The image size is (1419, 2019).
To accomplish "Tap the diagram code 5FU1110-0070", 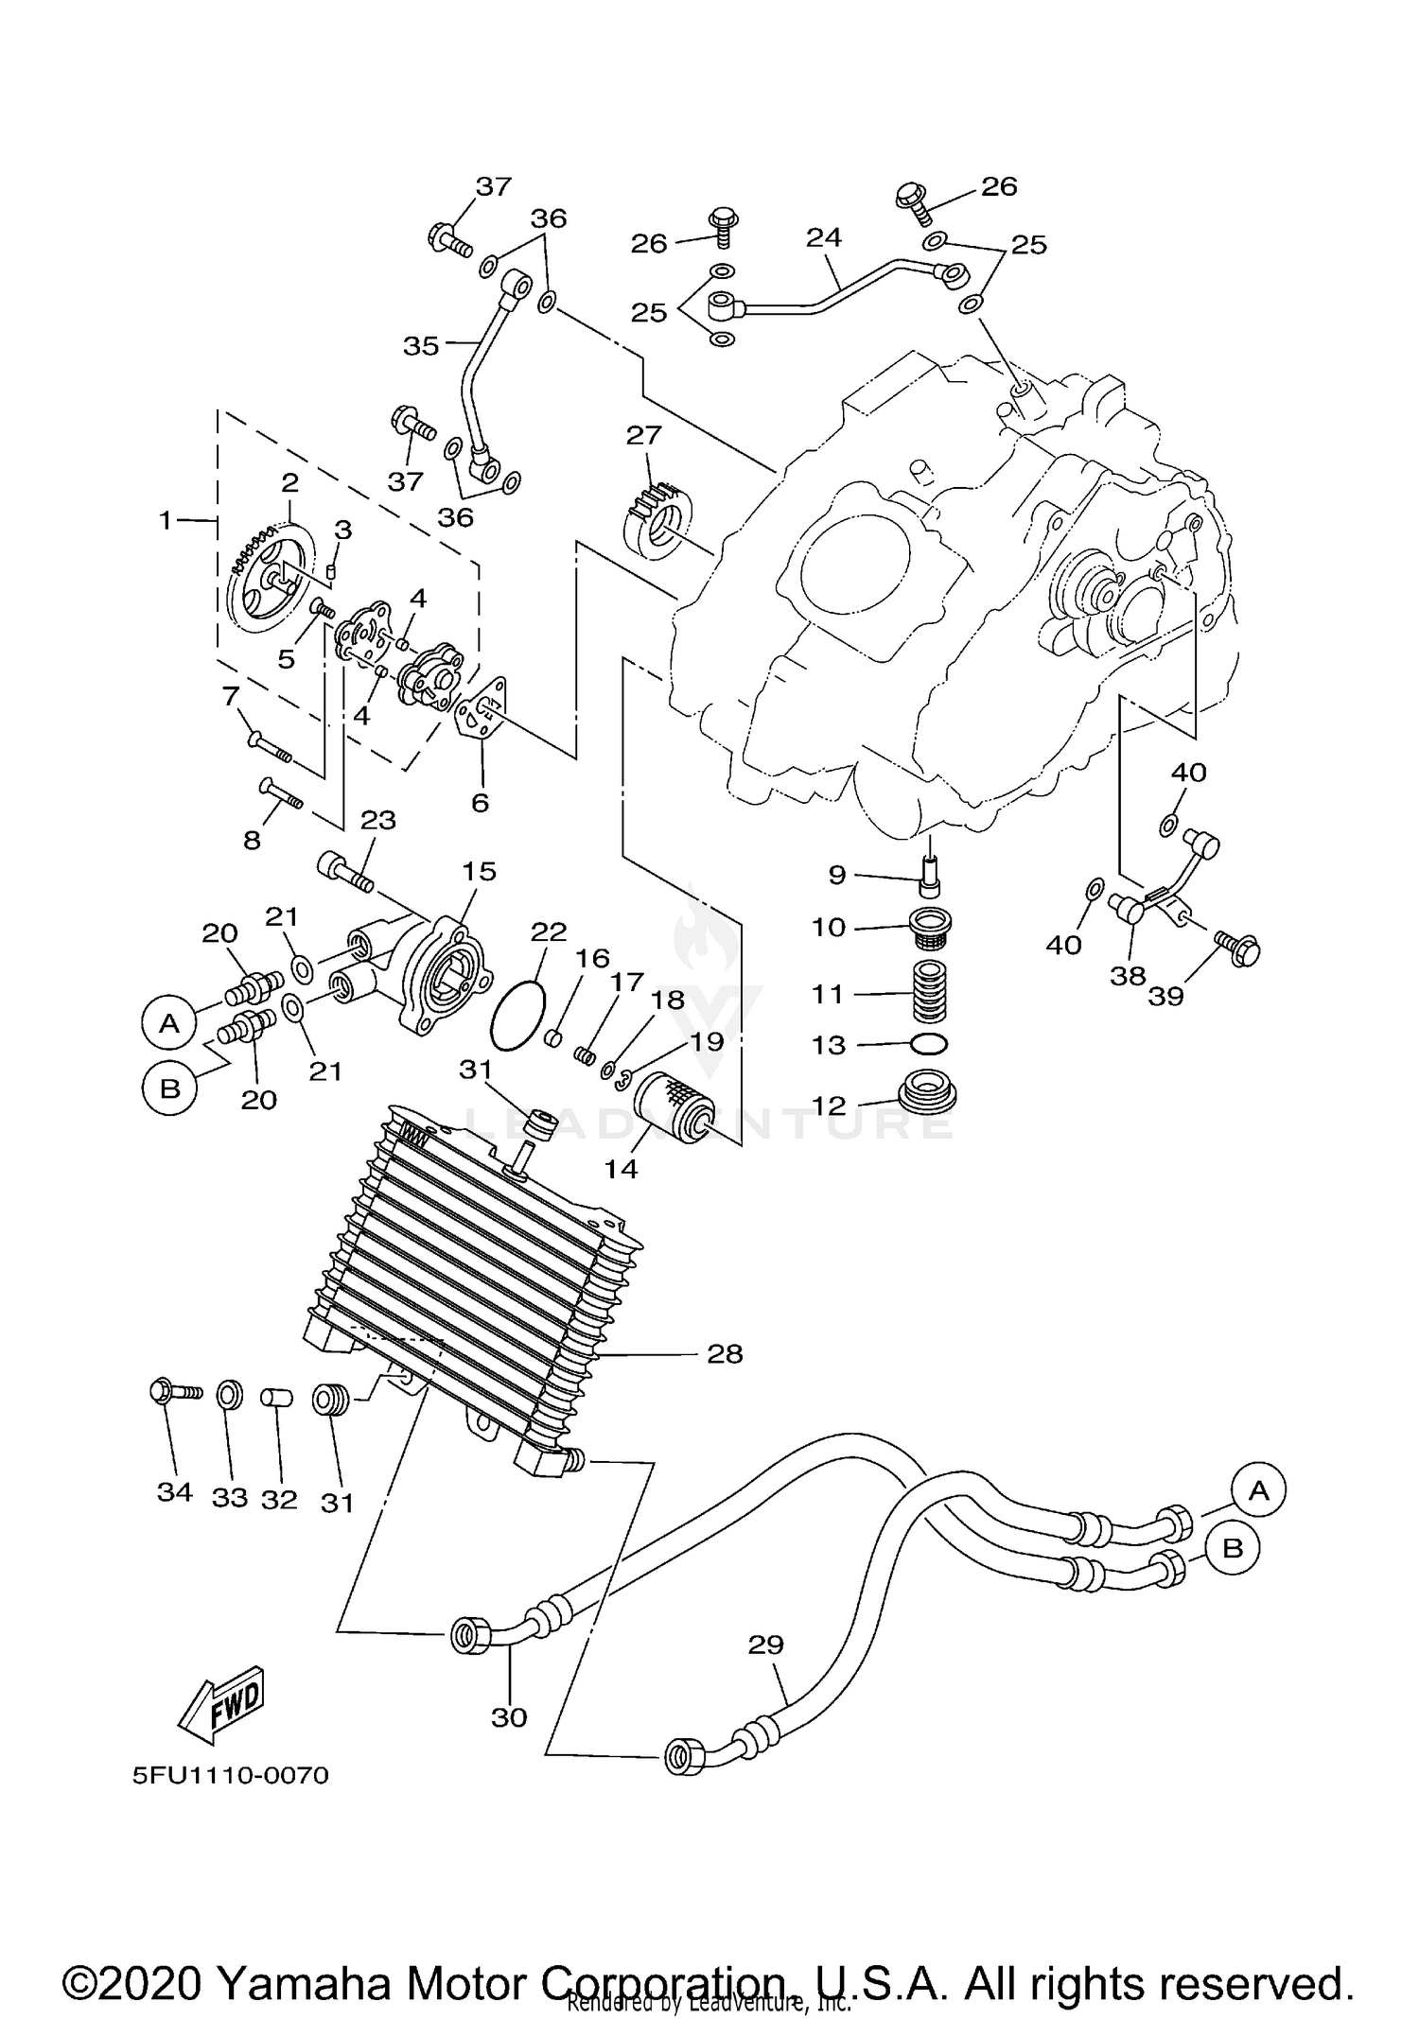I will tap(230, 1775).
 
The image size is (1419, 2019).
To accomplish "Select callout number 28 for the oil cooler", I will tap(725, 1354).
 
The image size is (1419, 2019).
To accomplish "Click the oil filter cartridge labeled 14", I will tap(670, 1105).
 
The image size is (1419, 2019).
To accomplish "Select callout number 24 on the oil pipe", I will tap(823, 236).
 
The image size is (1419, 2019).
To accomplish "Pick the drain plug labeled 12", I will tap(927, 1094).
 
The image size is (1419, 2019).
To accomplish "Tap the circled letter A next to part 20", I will tap(169, 1022).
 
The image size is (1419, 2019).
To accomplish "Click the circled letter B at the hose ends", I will tap(1232, 1548).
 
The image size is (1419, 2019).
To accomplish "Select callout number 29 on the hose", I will tap(765, 1645).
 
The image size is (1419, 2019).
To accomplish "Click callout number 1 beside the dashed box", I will tap(166, 520).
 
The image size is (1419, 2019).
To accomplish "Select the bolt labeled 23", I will tap(346, 871).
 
